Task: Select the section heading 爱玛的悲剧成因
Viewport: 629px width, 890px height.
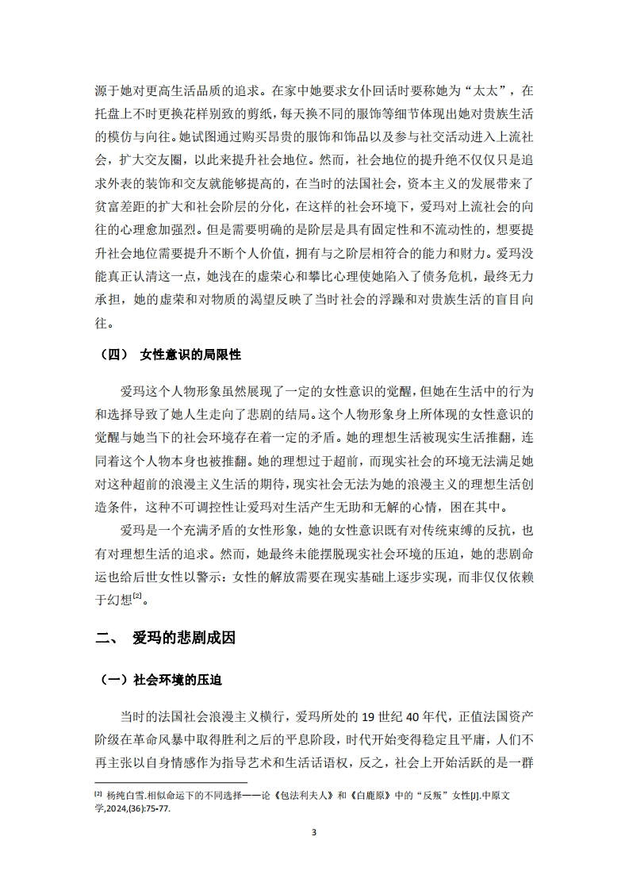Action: (x=184, y=637)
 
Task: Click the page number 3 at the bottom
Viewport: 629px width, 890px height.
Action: (x=314, y=832)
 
